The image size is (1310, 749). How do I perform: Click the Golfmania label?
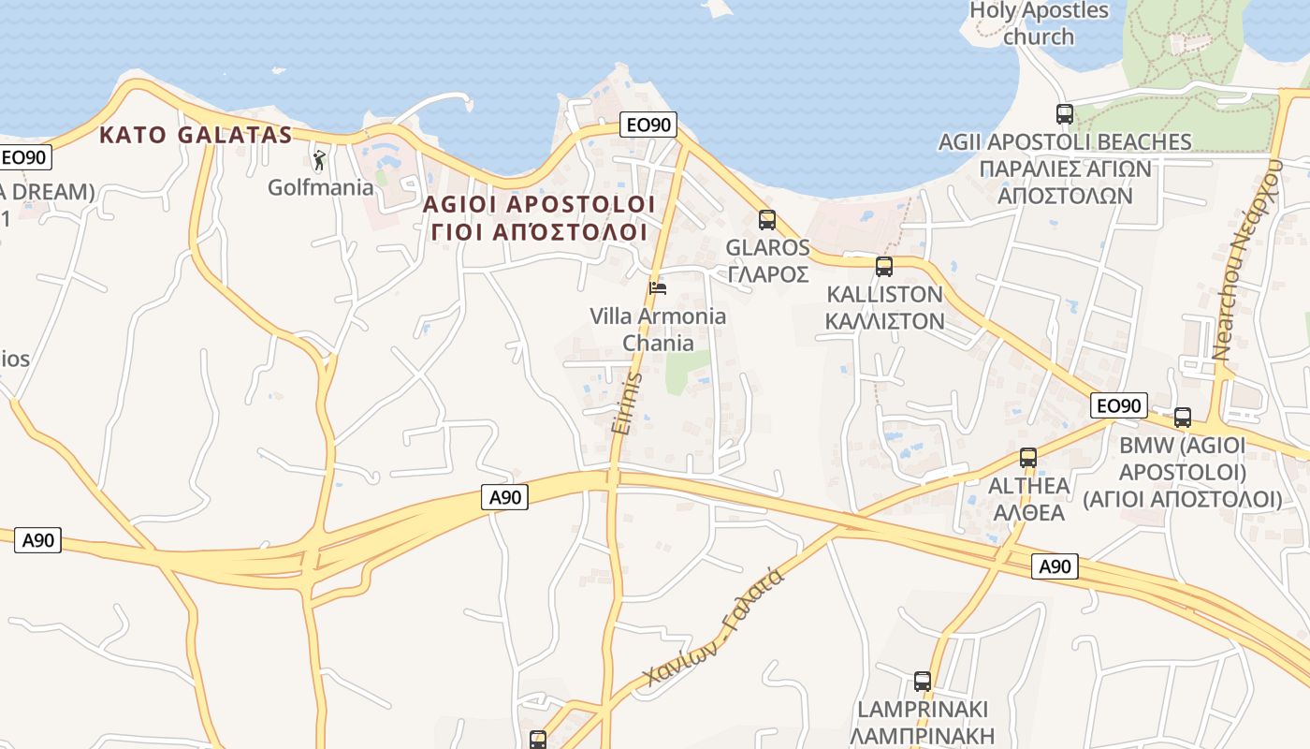point(320,187)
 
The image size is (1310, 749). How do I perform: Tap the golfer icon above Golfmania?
point(319,160)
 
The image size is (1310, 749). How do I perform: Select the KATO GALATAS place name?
point(196,135)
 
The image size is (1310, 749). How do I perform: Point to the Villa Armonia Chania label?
point(658,329)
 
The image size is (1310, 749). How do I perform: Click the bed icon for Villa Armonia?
point(658,287)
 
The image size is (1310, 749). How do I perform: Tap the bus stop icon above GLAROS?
point(767,220)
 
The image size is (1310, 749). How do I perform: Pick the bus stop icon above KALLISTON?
point(884,267)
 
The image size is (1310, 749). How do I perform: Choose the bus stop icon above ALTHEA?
point(1028,458)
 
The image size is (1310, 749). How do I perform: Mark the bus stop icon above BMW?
point(1183,418)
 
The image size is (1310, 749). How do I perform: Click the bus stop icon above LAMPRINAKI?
point(923,682)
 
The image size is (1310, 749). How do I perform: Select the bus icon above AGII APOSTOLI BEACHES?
point(1065,114)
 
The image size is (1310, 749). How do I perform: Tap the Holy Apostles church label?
point(1039,23)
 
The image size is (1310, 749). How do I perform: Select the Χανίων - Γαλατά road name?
point(714,627)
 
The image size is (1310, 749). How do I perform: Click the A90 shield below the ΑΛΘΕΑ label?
point(1055,565)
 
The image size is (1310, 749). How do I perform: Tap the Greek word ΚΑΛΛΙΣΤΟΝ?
point(884,321)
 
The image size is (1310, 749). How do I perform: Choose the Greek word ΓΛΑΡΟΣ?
point(767,274)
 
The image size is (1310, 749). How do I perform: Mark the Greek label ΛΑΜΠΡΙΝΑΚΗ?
point(924,736)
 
